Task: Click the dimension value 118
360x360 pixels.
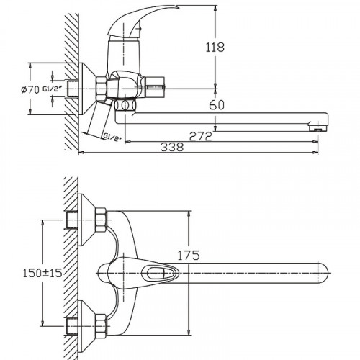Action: [215, 48]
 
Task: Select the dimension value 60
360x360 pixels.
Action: [217, 105]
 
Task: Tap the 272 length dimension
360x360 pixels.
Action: [201, 136]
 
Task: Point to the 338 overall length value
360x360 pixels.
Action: [172, 147]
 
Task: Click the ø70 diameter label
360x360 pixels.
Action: [30, 90]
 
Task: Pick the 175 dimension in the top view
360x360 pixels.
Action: [189, 256]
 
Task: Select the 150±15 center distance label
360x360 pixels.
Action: [42, 273]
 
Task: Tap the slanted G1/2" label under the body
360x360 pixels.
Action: [112, 137]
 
